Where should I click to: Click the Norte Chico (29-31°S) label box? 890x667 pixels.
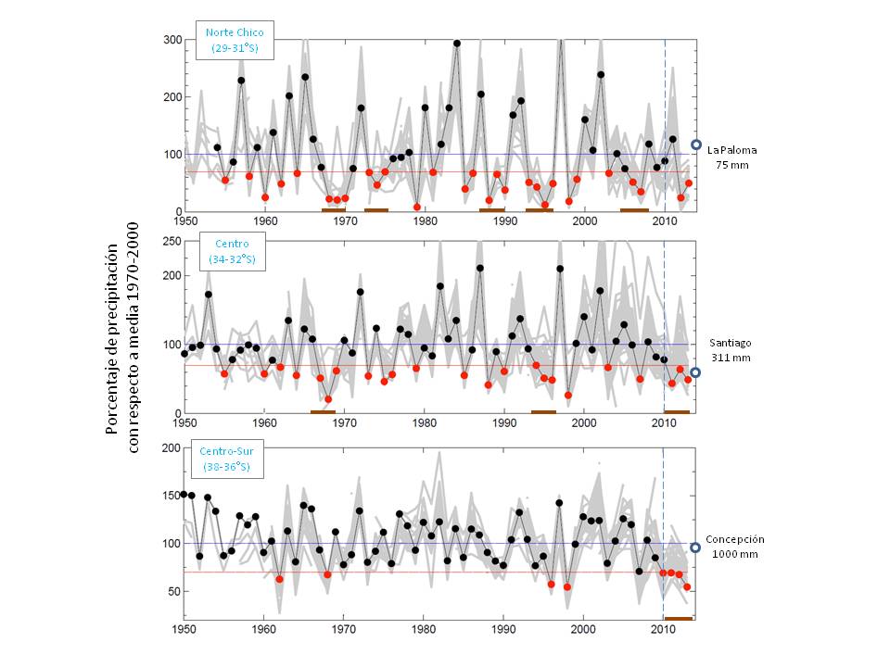point(235,39)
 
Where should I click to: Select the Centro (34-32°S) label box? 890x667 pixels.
point(233,252)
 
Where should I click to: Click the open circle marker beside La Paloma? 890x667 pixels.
point(695,145)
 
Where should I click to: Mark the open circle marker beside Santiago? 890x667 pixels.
point(695,372)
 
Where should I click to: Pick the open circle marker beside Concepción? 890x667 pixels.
point(695,547)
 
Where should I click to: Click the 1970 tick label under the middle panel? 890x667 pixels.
point(344,422)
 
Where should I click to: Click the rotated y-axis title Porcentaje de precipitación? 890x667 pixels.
point(121,339)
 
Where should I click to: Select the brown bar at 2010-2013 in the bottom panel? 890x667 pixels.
point(678,618)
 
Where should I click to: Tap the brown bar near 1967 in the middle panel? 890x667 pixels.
point(323,411)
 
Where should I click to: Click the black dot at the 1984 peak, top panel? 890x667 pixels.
point(457,44)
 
